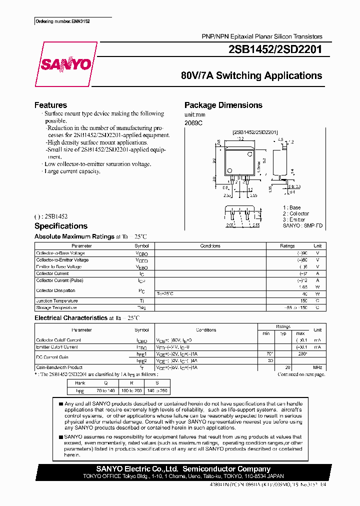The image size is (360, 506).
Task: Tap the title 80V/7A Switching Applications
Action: click(x=251, y=76)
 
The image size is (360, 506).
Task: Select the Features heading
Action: click(x=50, y=105)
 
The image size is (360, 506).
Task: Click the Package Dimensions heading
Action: click(x=223, y=105)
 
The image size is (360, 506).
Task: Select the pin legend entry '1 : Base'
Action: click(x=291, y=207)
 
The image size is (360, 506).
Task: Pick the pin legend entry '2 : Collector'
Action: click(x=295, y=213)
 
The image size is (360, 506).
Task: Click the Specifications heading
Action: click(x=60, y=226)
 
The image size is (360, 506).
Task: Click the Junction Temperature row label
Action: click(x=56, y=301)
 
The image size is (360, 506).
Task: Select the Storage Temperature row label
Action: click(x=56, y=307)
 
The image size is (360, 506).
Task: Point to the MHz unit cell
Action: click(x=317, y=367)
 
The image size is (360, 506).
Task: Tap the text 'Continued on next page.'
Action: click(x=301, y=374)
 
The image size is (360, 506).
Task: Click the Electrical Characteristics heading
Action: click(x=70, y=318)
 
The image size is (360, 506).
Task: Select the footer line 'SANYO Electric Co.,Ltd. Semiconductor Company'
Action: click(x=183, y=469)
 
